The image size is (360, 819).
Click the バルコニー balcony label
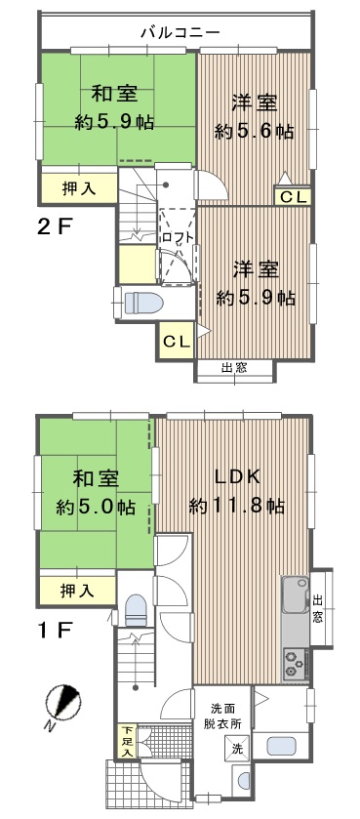point(180,33)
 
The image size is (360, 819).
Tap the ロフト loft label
point(178,236)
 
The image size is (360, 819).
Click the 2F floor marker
point(54,227)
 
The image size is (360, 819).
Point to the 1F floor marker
point(54,631)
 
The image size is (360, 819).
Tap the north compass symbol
point(62,704)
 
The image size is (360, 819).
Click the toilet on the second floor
point(143,303)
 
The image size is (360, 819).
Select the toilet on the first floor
point(137,609)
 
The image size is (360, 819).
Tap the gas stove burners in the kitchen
point(295,662)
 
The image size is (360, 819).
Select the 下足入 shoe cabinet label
point(126,742)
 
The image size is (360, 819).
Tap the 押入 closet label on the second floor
point(79,189)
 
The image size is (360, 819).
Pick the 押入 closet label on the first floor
point(77,591)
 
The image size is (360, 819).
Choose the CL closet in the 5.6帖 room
point(293,197)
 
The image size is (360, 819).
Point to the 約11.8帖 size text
point(237,506)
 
